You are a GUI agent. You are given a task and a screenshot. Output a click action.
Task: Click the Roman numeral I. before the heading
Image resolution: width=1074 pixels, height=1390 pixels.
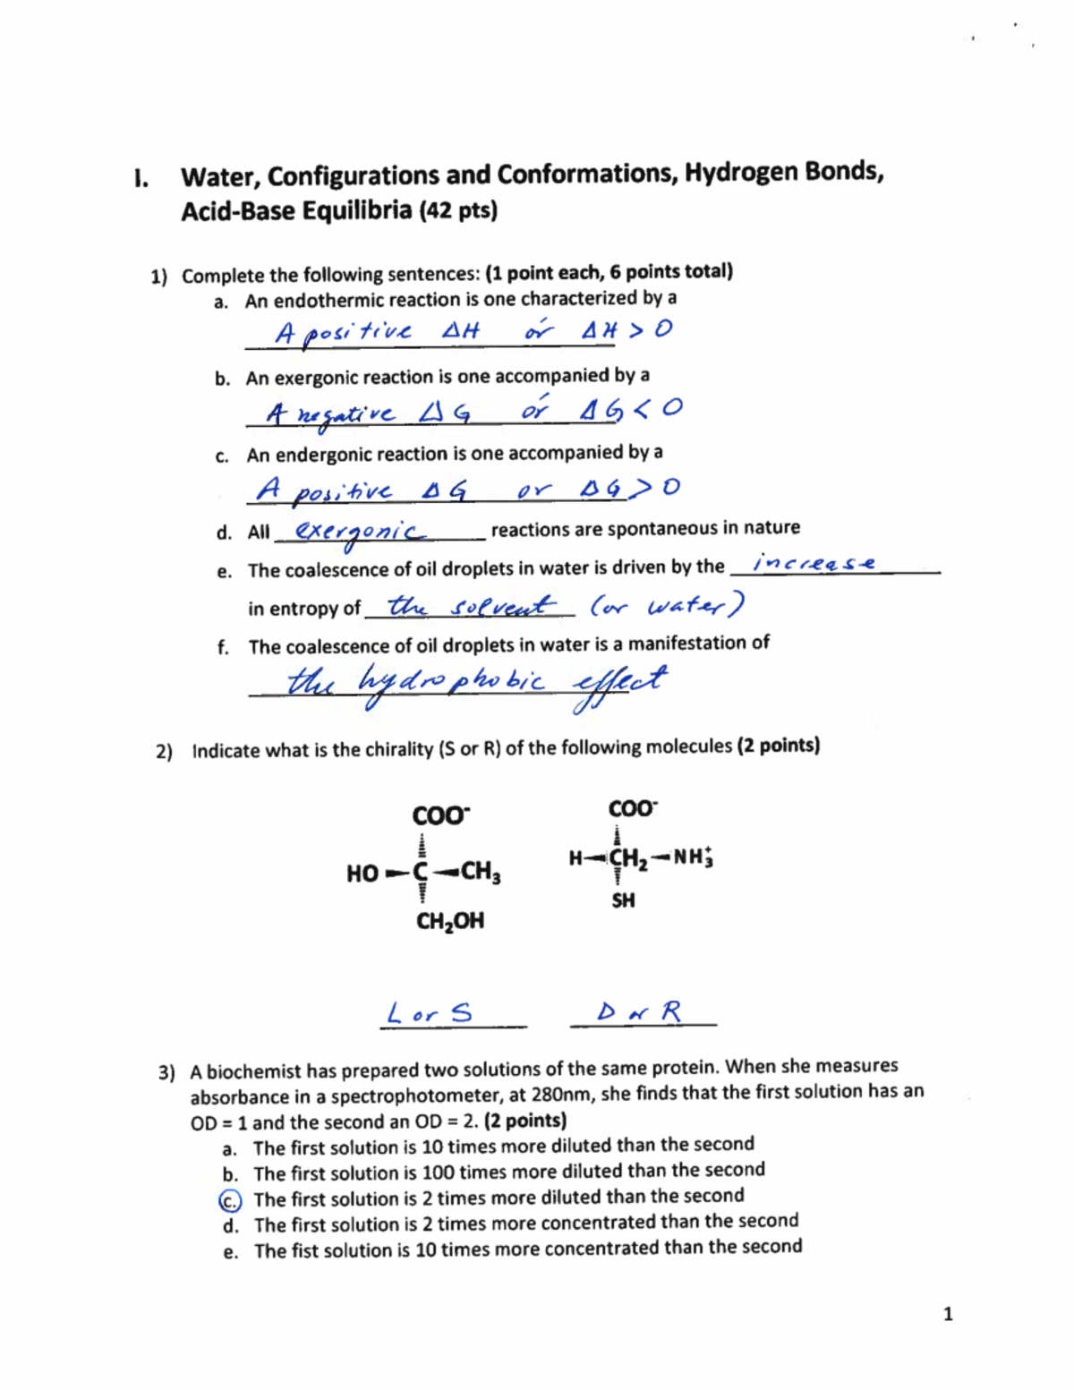(140, 178)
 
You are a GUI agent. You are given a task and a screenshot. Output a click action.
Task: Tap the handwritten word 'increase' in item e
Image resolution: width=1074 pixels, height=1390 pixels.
(814, 563)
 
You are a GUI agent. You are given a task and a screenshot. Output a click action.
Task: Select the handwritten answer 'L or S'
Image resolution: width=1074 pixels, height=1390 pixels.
(429, 1014)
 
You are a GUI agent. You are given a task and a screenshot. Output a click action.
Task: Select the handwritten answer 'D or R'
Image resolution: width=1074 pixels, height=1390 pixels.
(640, 1012)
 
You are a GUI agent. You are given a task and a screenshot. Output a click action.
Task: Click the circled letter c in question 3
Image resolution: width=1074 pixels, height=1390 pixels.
(230, 1200)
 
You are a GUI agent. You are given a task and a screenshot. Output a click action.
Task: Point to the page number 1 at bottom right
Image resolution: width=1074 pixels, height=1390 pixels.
(948, 1314)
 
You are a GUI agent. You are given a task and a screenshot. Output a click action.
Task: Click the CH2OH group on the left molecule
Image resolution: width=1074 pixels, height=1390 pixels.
(450, 921)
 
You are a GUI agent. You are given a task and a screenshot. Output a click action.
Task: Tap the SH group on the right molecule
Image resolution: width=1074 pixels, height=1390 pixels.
(623, 900)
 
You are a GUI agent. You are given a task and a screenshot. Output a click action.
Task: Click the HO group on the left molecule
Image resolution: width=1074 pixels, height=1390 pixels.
(362, 874)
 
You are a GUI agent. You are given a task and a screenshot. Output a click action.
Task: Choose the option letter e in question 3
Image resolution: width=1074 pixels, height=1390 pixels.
(231, 1252)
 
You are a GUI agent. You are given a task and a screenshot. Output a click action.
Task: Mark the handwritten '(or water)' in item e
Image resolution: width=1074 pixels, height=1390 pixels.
(667, 607)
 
